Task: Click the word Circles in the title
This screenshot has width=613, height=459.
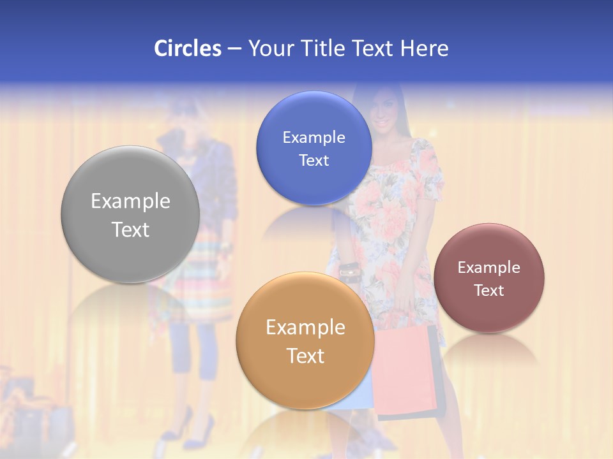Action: [x=187, y=48]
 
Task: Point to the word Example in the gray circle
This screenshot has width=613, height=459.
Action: [x=130, y=201]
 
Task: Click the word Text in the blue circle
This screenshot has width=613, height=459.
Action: [x=314, y=161]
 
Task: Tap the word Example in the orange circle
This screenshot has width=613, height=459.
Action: [x=305, y=328]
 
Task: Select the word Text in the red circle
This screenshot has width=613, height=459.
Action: [x=489, y=291]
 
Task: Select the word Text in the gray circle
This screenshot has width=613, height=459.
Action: [x=130, y=229]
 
